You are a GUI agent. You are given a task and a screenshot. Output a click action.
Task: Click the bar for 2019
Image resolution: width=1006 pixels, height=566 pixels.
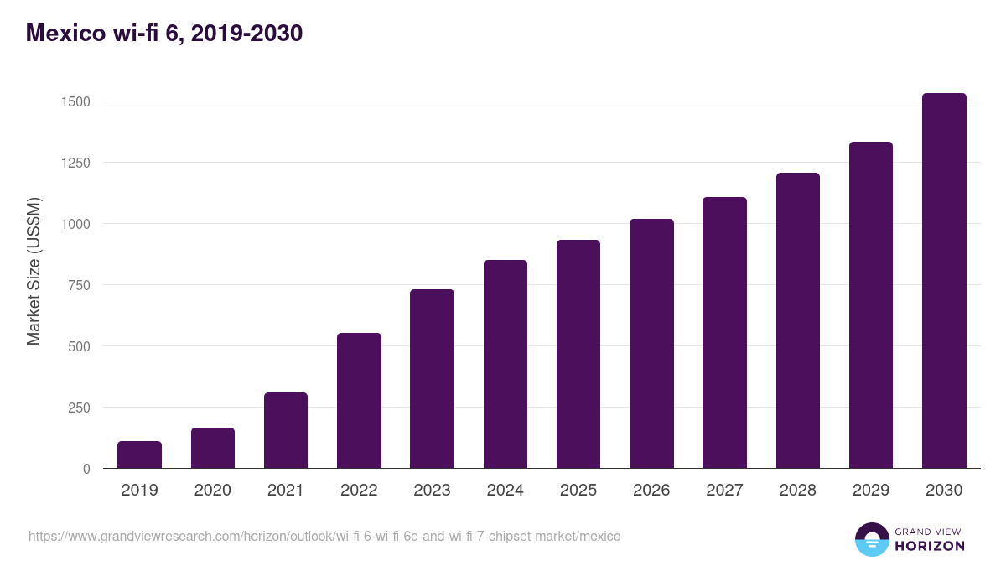139,454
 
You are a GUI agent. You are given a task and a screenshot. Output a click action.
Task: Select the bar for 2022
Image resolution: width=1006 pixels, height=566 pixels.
359,401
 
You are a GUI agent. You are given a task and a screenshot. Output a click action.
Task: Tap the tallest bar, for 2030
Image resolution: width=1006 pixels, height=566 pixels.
944,281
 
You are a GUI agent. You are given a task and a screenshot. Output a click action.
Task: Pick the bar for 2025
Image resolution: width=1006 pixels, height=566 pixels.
578,354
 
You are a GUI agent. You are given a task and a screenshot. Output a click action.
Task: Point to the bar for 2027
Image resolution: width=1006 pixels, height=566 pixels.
724,333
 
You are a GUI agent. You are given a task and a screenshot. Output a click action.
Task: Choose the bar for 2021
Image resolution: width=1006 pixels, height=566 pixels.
286,430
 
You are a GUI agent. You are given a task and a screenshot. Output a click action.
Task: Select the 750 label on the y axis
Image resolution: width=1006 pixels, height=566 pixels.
77,285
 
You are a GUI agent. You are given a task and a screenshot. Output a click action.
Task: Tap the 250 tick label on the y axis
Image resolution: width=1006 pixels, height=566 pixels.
77,408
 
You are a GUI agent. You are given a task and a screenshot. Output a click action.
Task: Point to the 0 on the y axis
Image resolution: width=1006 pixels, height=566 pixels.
86,469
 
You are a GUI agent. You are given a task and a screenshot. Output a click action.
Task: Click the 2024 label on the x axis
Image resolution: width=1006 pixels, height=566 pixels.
505,491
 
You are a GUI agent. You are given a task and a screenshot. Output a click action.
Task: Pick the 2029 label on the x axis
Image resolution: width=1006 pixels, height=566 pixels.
870,491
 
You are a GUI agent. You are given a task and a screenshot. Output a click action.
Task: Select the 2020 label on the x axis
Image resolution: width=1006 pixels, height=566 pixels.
212,491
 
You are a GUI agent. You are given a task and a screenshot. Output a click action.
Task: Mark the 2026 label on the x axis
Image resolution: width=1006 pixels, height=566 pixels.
651,491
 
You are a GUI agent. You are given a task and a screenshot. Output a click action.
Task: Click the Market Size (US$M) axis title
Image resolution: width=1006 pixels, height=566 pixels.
34,271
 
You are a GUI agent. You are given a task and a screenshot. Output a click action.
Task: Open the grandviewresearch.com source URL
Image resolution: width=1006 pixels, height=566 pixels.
324,536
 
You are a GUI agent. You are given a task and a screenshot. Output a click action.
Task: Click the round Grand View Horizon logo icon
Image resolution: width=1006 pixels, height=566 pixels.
871,539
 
